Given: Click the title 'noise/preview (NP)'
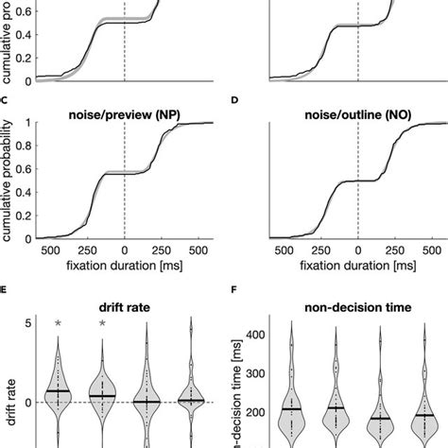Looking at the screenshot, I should click(125, 113).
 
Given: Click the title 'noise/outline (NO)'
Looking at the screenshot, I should click(357, 113).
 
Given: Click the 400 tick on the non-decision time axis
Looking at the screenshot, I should click(256, 334).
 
